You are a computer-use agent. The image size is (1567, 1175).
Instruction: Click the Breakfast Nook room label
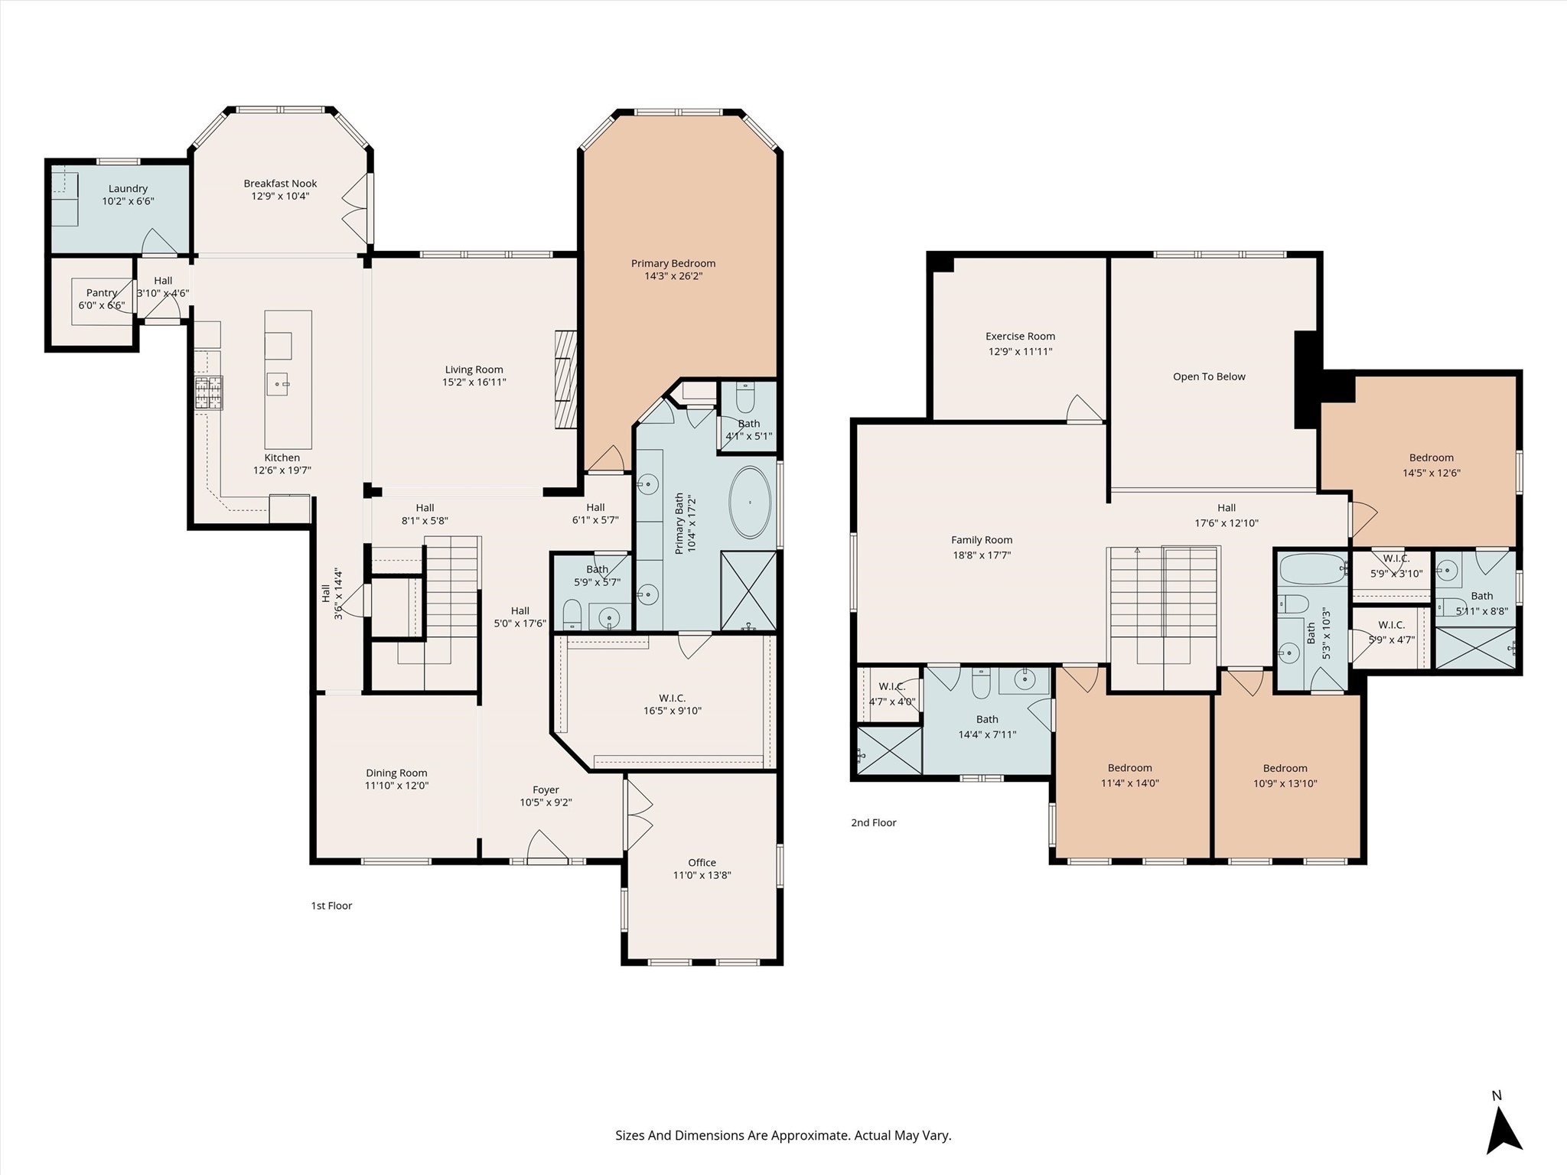[280, 184]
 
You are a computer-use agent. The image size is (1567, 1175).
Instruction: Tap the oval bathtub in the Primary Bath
[750, 503]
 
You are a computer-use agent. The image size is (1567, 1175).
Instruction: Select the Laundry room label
[128, 189]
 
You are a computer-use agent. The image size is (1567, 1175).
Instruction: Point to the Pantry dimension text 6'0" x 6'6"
[101, 306]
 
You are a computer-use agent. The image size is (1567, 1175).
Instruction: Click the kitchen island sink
[278, 383]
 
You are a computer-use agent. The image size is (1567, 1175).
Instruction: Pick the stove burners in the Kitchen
[208, 394]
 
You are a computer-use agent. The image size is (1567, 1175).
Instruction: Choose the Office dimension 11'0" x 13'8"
[702, 875]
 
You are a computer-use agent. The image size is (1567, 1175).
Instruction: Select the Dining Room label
[396, 773]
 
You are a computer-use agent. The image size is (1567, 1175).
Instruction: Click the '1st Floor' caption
[331, 906]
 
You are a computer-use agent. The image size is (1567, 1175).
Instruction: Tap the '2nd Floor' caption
[874, 822]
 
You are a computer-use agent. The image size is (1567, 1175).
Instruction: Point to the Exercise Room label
[1020, 337]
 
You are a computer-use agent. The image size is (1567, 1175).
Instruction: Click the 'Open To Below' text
[1209, 376]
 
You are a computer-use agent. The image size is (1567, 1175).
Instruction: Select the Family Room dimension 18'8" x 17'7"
[982, 555]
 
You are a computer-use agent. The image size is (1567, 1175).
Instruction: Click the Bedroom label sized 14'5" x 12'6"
[1431, 458]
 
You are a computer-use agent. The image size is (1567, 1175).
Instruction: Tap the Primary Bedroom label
[673, 263]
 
